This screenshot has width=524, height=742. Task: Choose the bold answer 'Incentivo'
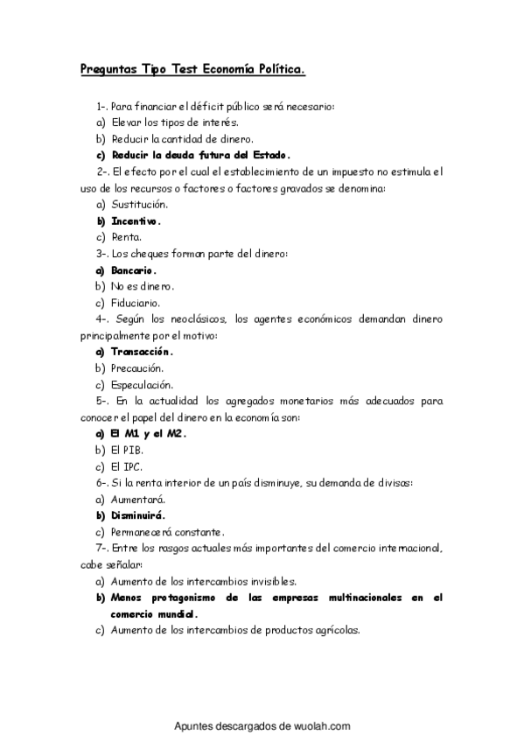136,220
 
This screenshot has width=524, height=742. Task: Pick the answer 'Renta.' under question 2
127,237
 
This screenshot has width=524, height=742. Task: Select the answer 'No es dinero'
143,286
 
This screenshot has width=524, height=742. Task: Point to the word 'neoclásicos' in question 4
197,318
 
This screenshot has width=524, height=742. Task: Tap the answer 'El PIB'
128,450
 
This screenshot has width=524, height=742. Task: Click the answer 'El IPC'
127,466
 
